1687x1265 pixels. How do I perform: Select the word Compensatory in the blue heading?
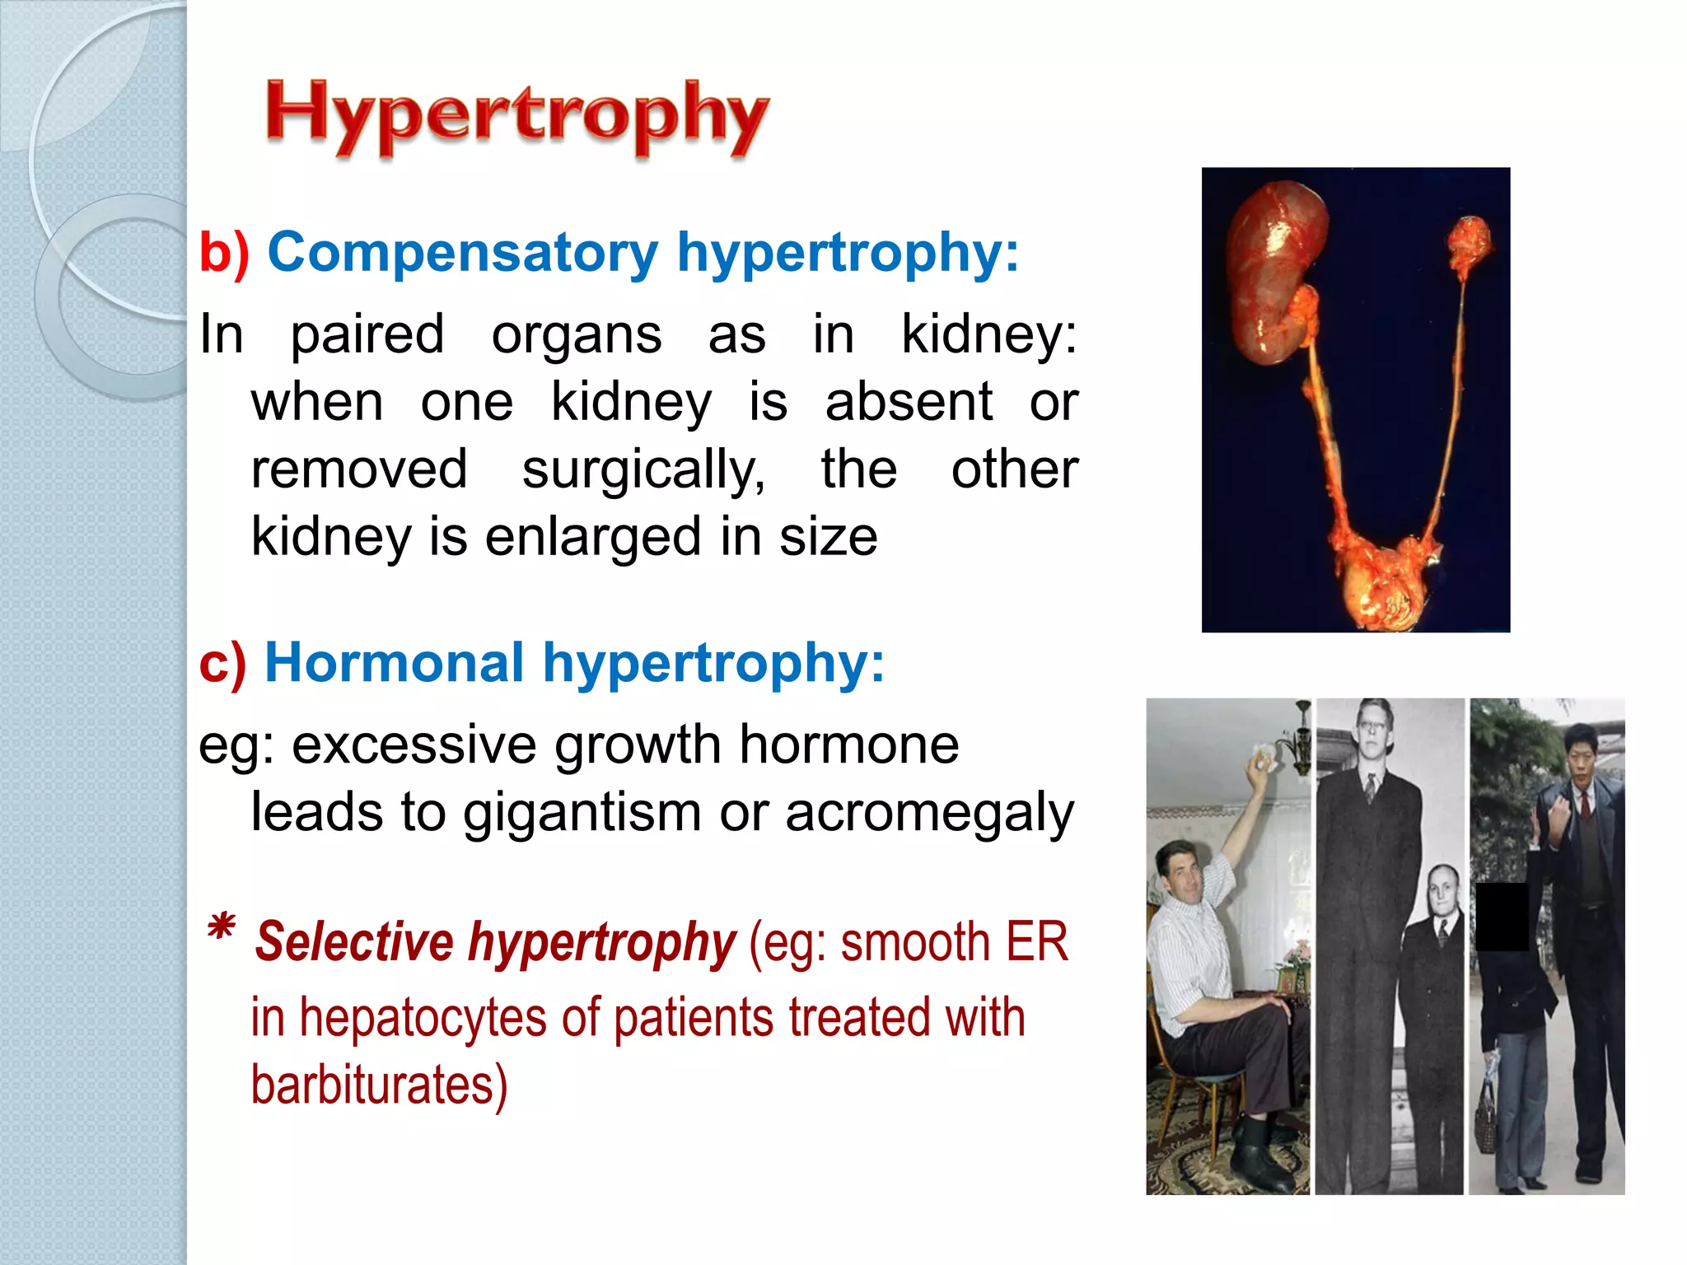(462, 252)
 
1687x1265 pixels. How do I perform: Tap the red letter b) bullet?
(223, 253)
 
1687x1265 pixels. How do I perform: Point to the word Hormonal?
(394, 663)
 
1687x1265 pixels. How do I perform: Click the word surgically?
(643, 470)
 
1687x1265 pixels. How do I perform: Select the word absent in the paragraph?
(909, 403)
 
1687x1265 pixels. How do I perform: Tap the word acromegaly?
(929, 813)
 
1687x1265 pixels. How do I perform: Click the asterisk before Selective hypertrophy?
(221, 931)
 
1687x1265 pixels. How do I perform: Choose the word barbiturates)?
(379, 1085)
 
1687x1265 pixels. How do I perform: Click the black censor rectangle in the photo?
(1501, 917)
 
